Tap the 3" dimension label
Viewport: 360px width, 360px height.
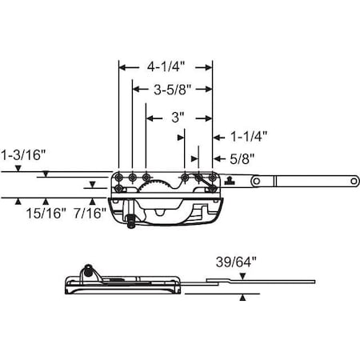178,117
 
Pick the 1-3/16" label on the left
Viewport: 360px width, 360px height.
25,151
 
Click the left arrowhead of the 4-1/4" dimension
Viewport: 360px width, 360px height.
122,68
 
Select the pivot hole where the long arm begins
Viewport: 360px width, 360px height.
257,182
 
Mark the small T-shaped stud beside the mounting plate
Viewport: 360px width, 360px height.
230,179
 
